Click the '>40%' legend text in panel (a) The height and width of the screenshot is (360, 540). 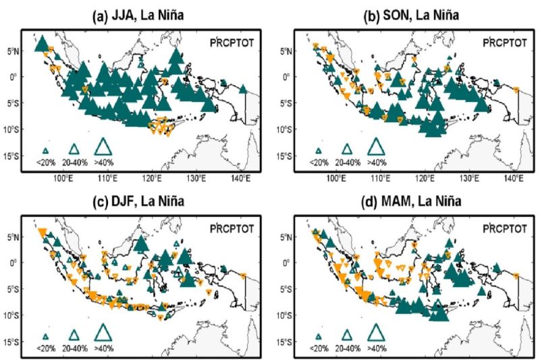pyautogui.click(x=103, y=162)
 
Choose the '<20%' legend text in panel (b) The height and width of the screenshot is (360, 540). pyautogui.click(x=318, y=162)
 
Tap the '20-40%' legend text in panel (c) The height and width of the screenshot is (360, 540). pyautogui.click(x=74, y=349)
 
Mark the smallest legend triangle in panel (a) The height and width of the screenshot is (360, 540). pyautogui.click(x=46, y=151)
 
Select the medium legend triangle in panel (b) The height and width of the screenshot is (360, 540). pyautogui.click(x=347, y=149)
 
